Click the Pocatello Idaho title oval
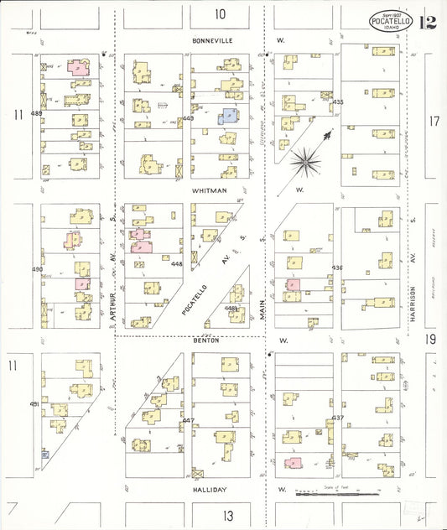click(x=391, y=21)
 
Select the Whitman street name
click(x=210, y=191)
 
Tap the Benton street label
click(x=205, y=340)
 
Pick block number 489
click(x=36, y=112)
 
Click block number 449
click(x=188, y=118)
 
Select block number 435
click(x=338, y=102)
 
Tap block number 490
click(x=36, y=269)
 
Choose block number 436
click(x=337, y=268)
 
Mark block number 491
click(x=35, y=404)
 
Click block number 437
click(x=338, y=417)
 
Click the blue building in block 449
click(x=227, y=118)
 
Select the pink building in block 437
click(x=293, y=462)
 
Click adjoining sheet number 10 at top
click(x=221, y=13)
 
